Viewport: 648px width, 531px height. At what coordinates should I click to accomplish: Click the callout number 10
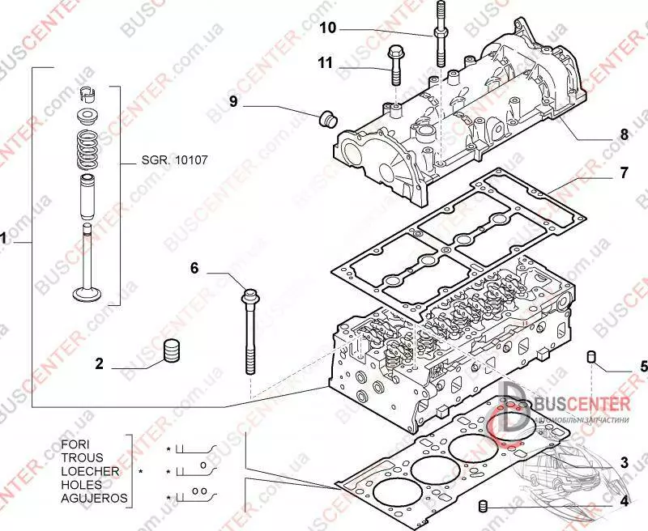pyautogui.click(x=327, y=28)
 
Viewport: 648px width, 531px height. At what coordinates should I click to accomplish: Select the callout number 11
pyautogui.click(x=325, y=62)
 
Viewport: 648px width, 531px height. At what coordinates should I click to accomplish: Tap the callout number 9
pyautogui.click(x=233, y=101)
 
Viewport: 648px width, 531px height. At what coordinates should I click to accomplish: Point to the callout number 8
pyautogui.click(x=624, y=135)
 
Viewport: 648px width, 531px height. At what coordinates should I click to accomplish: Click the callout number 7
pyautogui.click(x=624, y=172)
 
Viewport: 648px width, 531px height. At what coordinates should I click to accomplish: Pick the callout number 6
pyautogui.click(x=194, y=267)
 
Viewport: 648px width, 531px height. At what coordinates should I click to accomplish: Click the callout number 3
pyautogui.click(x=624, y=464)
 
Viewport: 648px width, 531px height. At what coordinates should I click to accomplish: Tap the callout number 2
pyautogui.click(x=100, y=364)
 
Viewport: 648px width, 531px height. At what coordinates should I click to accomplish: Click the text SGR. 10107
pyautogui.click(x=175, y=160)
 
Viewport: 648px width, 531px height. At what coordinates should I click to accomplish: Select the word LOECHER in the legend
pyautogui.click(x=91, y=471)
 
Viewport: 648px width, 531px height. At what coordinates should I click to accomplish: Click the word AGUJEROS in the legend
pyautogui.click(x=94, y=498)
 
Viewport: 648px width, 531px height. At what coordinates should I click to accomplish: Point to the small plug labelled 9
pyautogui.click(x=329, y=118)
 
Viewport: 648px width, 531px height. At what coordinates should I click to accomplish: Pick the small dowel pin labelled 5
pyautogui.click(x=592, y=358)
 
